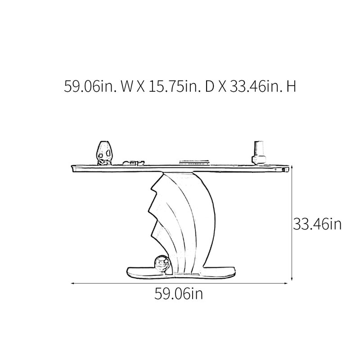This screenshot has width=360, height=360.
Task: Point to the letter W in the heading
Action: pos(127,86)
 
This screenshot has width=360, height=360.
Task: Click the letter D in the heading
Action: pos(209,86)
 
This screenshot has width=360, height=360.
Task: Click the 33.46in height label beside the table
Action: pos(317,224)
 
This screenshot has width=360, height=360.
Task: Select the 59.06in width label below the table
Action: pos(179,293)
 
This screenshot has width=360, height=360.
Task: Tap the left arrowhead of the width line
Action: pos(72,283)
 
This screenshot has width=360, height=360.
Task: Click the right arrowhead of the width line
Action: pos(286,283)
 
